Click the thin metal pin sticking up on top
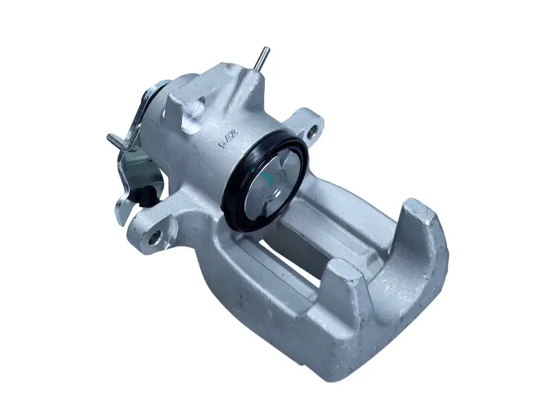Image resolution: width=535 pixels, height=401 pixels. click(263, 58)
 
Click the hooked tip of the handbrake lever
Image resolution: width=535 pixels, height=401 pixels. click(112, 138)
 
